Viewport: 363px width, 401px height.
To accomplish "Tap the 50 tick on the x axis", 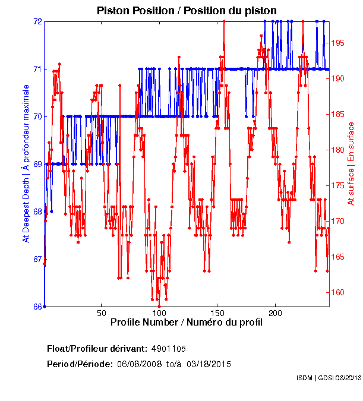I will [x=102, y=313].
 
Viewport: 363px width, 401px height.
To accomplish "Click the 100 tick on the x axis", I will [x=159, y=313].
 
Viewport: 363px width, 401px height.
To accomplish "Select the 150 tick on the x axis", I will [x=217, y=313].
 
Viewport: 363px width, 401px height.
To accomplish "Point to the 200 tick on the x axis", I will [x=275, y=313].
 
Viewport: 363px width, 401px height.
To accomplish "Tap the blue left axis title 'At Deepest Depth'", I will [x=26, y=164].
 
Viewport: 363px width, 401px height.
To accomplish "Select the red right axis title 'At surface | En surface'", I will [x=351, y=164].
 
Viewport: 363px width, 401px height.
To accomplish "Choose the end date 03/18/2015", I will [x=209, y=364].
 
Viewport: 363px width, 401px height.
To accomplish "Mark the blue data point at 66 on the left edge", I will [x=45, y=307].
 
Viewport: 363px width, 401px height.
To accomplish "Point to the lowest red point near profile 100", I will [x=159, y=307].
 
